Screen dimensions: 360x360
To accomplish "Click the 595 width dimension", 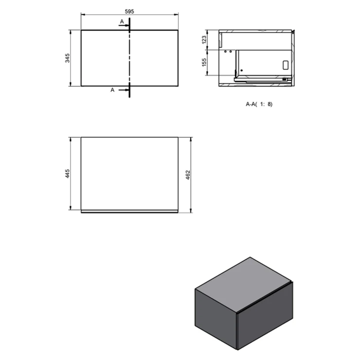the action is point(129,11).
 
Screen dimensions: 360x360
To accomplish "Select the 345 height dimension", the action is point(67,58).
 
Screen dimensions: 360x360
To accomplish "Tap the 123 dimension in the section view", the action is point(204,40).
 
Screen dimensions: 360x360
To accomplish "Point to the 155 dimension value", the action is point(204,62).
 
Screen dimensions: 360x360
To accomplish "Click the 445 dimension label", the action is point(67,174).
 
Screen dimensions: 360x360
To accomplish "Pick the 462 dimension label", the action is point(188,175).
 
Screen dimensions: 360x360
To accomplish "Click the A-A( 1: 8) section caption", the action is point(259,104).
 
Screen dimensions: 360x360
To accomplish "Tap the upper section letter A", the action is point(122,21).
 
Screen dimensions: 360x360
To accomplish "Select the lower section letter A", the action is point(112,90).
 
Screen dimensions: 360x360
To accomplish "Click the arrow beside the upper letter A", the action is point(124,25).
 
